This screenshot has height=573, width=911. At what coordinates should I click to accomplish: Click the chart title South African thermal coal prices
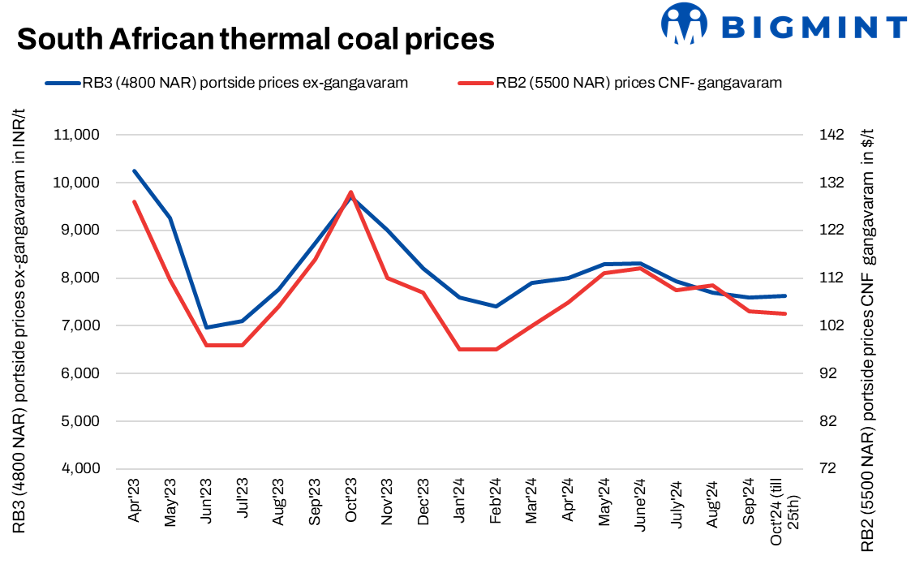(256, 38)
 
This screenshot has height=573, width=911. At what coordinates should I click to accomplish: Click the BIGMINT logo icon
(684, 24)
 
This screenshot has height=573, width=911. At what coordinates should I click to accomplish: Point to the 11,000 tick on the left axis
(75, 135)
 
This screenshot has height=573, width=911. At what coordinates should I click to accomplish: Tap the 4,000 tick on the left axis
(78, 469)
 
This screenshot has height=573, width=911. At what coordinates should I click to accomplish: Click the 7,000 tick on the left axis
(78, 326)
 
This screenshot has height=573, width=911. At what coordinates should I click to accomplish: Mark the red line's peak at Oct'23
(350, 192)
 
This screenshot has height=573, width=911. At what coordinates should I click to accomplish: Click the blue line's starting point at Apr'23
(134, 171)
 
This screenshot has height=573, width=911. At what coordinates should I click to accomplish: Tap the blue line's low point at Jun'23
(206, 328)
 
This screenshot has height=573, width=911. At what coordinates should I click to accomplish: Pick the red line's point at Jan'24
(459, 349)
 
